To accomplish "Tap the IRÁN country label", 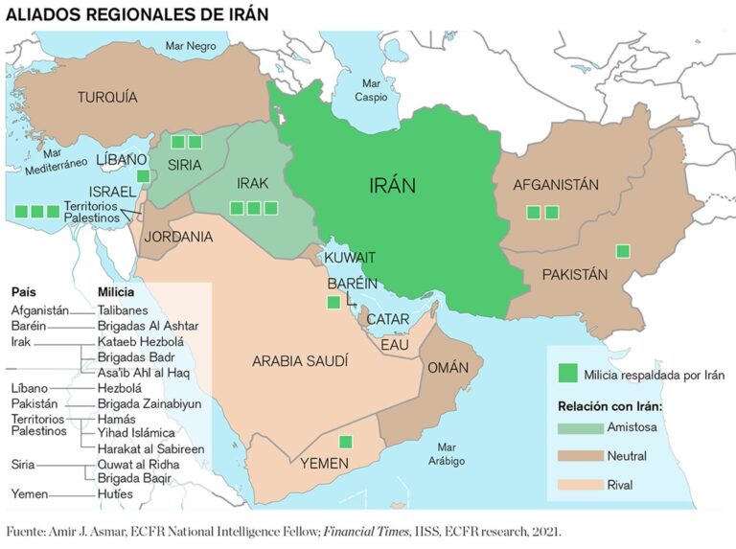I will click(x=392, y=186).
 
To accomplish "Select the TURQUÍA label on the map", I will click(x=107, y=97).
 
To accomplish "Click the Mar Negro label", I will click(x=190, y=45).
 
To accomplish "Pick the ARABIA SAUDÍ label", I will click(x=300, y=361).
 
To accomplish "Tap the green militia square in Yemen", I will click(x=345, y=442).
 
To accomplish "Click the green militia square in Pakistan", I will click(x=623, y=251).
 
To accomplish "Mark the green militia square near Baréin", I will click(x=333, y=303).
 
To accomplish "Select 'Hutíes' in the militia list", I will click(x=115, y=493).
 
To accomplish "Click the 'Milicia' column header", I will click(x=118, y=291).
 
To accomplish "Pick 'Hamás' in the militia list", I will click(x=117, y=419).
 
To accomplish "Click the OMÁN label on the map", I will click(x=448, y=368).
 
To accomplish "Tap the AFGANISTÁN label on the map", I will click(x=556, y=185).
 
